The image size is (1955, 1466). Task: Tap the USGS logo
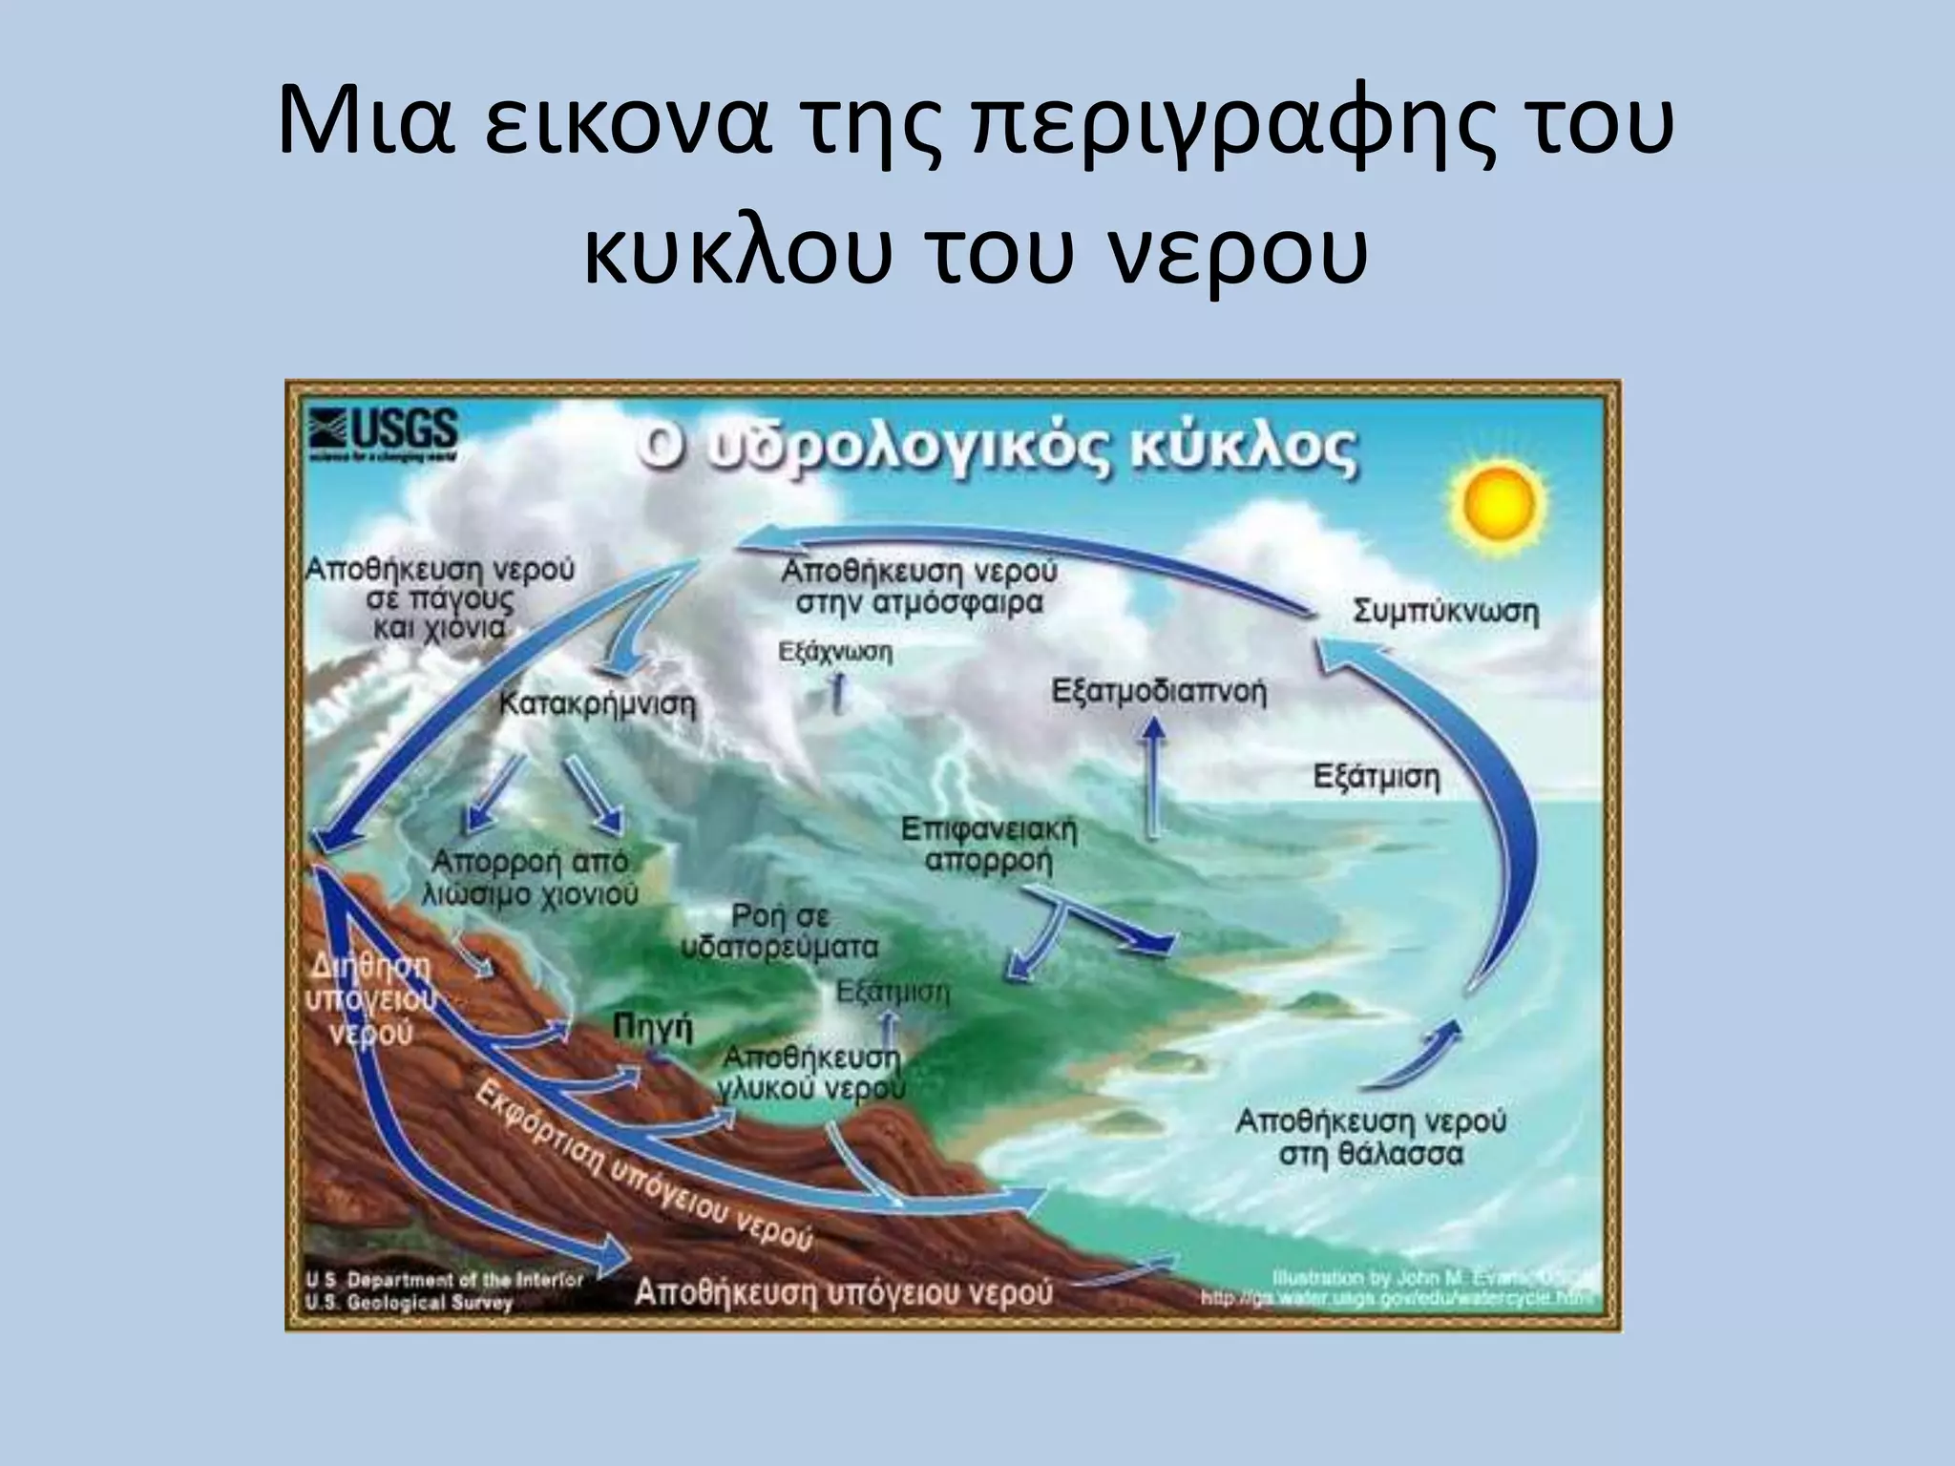(383, 435)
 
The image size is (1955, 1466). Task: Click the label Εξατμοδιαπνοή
(1158, 691)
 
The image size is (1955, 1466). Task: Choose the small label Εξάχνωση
(835, 653)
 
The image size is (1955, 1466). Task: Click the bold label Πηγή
(652, 1029)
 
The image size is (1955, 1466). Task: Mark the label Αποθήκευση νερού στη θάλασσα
(1371, 1137)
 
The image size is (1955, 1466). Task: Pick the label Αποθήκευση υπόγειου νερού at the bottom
(843, 1292)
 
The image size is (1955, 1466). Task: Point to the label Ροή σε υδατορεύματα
(780, 931)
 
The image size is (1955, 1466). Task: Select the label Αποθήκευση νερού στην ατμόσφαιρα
(918, 587)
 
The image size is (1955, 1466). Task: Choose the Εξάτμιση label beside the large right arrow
(1376, 777)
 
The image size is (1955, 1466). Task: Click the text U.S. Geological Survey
(409, 1303)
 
